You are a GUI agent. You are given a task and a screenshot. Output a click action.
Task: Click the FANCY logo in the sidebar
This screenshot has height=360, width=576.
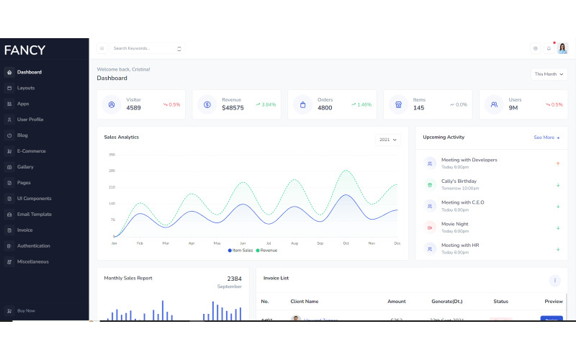[x=24, y=50]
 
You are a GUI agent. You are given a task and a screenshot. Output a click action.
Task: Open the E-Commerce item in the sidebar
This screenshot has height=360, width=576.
[x=31, y=151]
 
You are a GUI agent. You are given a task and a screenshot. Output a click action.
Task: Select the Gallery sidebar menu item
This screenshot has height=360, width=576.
[x=25, y=167]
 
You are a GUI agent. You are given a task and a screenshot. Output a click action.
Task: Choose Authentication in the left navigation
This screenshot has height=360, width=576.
[x=33, y=246]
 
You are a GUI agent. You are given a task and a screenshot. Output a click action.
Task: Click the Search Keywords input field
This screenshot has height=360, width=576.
[x=143, y=48]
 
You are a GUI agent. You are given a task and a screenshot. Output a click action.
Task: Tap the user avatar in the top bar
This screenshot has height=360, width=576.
[x=562, y=48]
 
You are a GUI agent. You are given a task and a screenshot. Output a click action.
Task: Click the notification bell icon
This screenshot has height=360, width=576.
[x=549, y=48]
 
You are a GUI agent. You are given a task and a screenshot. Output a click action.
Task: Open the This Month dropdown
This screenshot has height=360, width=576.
[x=549, y=74]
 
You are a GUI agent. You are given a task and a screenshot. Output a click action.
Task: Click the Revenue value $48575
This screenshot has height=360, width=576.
[x=233, y=108]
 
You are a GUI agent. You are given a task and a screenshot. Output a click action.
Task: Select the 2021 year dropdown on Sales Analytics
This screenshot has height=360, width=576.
[x=387, y=140]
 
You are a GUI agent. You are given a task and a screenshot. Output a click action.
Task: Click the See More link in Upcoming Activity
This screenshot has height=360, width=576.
[x=546, y=137]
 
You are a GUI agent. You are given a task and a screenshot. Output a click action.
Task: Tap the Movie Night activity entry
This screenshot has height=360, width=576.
[x=454, y=224]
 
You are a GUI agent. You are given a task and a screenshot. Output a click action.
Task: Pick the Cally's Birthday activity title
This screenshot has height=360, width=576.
[x=459, y=181]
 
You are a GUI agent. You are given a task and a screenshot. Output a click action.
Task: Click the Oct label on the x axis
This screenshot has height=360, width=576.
[x=346, y=243]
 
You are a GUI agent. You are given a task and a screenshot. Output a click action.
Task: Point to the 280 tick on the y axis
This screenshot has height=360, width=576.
[x=112, y=171]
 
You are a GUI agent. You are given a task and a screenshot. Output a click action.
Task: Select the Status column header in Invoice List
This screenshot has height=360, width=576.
[x=501, y=301]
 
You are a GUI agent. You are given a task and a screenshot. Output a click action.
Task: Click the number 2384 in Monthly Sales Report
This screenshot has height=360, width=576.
[x=234, y=279]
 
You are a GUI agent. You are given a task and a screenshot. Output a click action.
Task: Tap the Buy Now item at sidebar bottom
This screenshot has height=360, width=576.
[x=26, y=311]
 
